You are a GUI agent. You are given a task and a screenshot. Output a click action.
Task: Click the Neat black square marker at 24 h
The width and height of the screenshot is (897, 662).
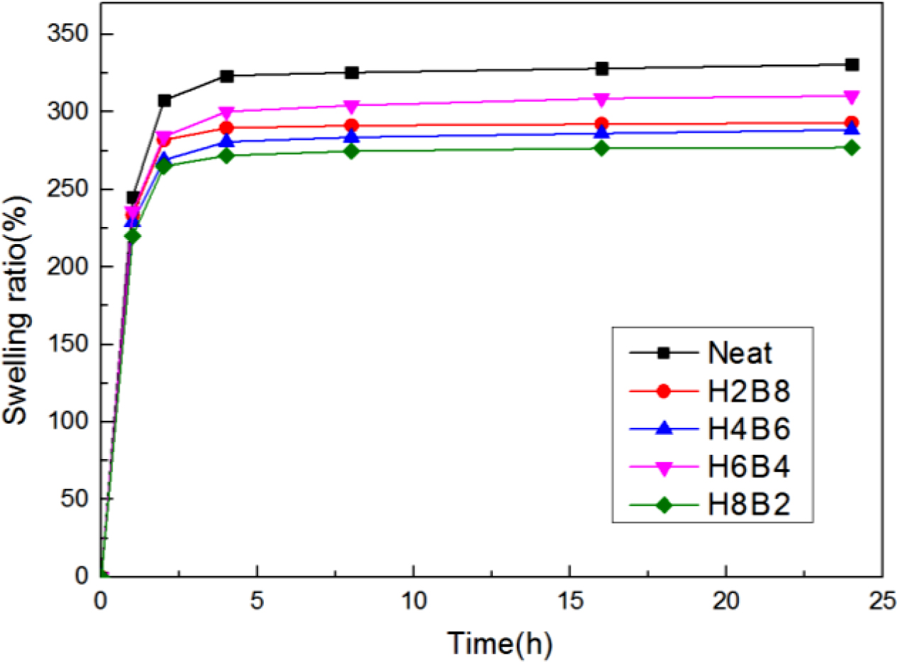[852, 65]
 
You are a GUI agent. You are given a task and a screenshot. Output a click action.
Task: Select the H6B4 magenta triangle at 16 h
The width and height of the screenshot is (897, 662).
[601, 99]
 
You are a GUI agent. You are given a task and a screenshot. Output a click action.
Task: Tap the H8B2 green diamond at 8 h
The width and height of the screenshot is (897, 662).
[352, 150]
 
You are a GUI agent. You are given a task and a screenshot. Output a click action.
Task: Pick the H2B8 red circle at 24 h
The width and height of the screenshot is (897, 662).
[852, 123]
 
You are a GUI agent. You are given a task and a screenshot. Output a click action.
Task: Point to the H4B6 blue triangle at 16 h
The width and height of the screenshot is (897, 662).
[601, 132]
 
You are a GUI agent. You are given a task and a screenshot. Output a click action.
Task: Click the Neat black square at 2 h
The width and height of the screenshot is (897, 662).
[165, 100]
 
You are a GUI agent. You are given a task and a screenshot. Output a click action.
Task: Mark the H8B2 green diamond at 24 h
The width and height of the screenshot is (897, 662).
[852, 148]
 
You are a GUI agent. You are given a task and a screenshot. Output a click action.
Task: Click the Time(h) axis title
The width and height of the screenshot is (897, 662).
[499, 643]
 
